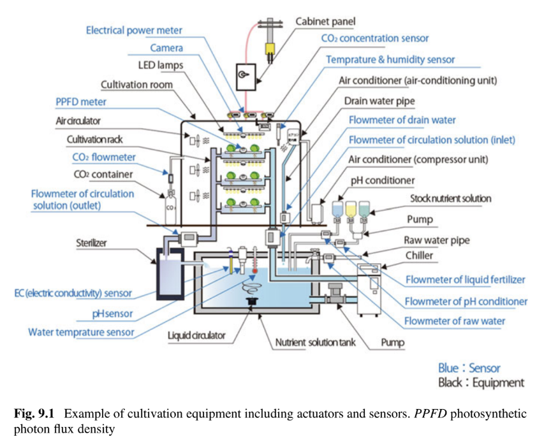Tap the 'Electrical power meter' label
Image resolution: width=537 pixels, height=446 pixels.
click(x=134, y=30)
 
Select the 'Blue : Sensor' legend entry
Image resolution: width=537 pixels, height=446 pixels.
click(x=469, y=368)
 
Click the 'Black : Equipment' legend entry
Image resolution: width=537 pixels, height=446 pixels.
click(x=481, y=383)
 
